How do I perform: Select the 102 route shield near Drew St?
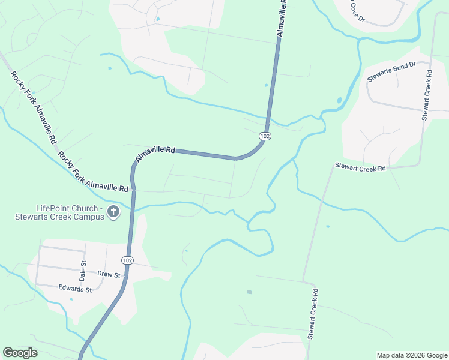[127, 260]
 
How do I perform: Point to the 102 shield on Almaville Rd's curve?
[265, 137]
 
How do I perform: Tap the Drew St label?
[109, 275]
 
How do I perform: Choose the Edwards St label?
[75, 289]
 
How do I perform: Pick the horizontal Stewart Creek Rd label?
[360, 168]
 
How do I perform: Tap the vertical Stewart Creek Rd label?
[313, 314]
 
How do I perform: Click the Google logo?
[20, 353]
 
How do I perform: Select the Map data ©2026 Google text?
[411, 355]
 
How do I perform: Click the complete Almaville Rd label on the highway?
[155, 155]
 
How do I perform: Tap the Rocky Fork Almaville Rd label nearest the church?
[94, 172]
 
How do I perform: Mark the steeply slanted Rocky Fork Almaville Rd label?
[34, 106]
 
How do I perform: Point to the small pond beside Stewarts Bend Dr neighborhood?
[340, 100]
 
